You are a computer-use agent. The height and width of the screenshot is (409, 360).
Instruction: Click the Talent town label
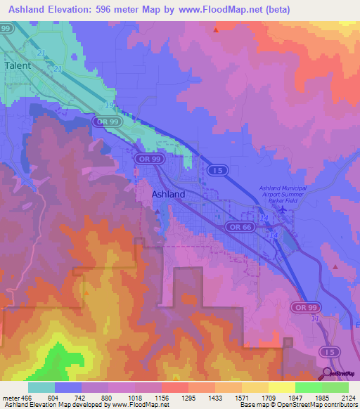[18, 65]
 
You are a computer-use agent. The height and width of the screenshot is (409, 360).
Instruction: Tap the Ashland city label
[169, 194]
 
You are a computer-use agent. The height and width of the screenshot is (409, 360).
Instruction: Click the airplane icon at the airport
[283, 209]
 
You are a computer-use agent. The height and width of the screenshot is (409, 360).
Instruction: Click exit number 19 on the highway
[108, 105]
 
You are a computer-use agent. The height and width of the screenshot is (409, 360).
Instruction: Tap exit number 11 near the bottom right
[315, 319]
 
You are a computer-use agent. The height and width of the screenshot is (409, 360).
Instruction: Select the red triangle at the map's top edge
[216, 30]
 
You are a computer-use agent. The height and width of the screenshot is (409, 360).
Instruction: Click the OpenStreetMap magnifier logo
[328, 372]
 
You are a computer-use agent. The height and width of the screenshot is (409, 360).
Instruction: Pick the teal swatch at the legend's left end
[41, 387]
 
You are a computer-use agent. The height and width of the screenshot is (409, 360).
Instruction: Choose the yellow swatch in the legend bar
[281, 387]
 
